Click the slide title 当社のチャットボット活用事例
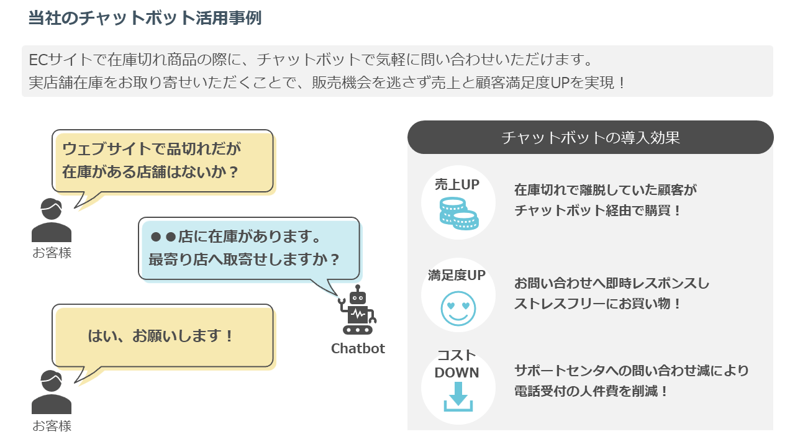(145, 18)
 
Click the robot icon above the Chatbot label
(357, 311)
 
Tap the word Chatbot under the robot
(358, 348)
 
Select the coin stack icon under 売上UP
(458, 213)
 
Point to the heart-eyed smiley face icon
(458, 307)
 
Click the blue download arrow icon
(458, 397)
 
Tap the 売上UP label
(457, 184)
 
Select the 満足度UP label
(457, 275)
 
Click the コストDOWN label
(457, 364)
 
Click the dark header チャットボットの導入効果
(590, 137)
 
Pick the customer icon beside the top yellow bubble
(52, 220)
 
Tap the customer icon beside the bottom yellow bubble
(52, 392)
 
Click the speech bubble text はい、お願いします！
(162, 336)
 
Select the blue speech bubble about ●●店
(248, 248)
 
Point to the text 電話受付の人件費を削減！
(591, 392)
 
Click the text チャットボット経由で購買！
(598, 210)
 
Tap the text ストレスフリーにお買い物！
(597, 304)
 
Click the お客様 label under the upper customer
(52, 253)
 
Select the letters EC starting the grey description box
(38, 61)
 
